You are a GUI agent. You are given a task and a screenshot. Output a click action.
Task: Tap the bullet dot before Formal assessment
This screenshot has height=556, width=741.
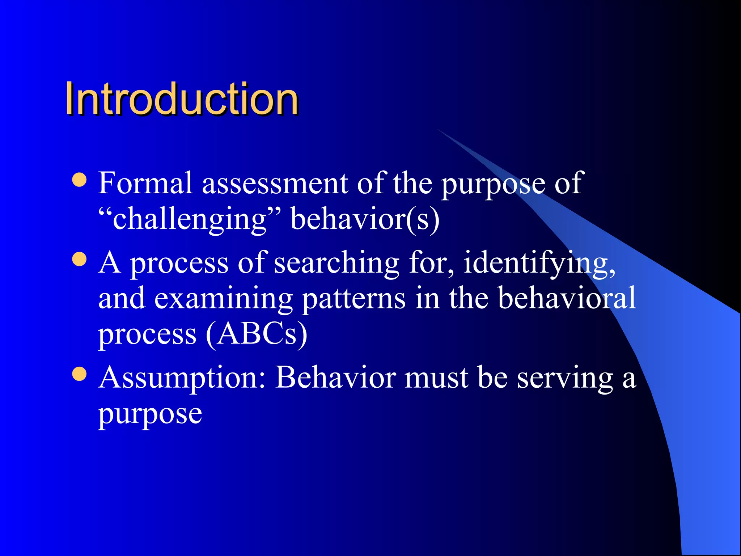pos(80,180)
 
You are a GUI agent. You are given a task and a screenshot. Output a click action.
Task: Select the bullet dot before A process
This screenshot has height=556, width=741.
pos(80,259)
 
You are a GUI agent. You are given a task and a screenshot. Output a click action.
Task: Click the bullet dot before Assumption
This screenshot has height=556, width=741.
pos(80,374)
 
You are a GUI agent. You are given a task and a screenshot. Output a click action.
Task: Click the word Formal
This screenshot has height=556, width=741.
pos(145,183)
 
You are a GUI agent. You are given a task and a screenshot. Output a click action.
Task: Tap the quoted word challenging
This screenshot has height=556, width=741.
pos(190,219)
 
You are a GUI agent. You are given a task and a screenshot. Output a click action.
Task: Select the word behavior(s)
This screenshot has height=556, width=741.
pos(365,219)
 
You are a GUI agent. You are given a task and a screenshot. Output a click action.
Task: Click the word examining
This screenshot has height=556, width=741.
pos(224,298)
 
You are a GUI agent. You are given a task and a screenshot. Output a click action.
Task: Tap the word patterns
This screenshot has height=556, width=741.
pos(353,299)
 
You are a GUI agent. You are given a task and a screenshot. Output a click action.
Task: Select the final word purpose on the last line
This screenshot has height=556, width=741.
pos(150,414)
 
